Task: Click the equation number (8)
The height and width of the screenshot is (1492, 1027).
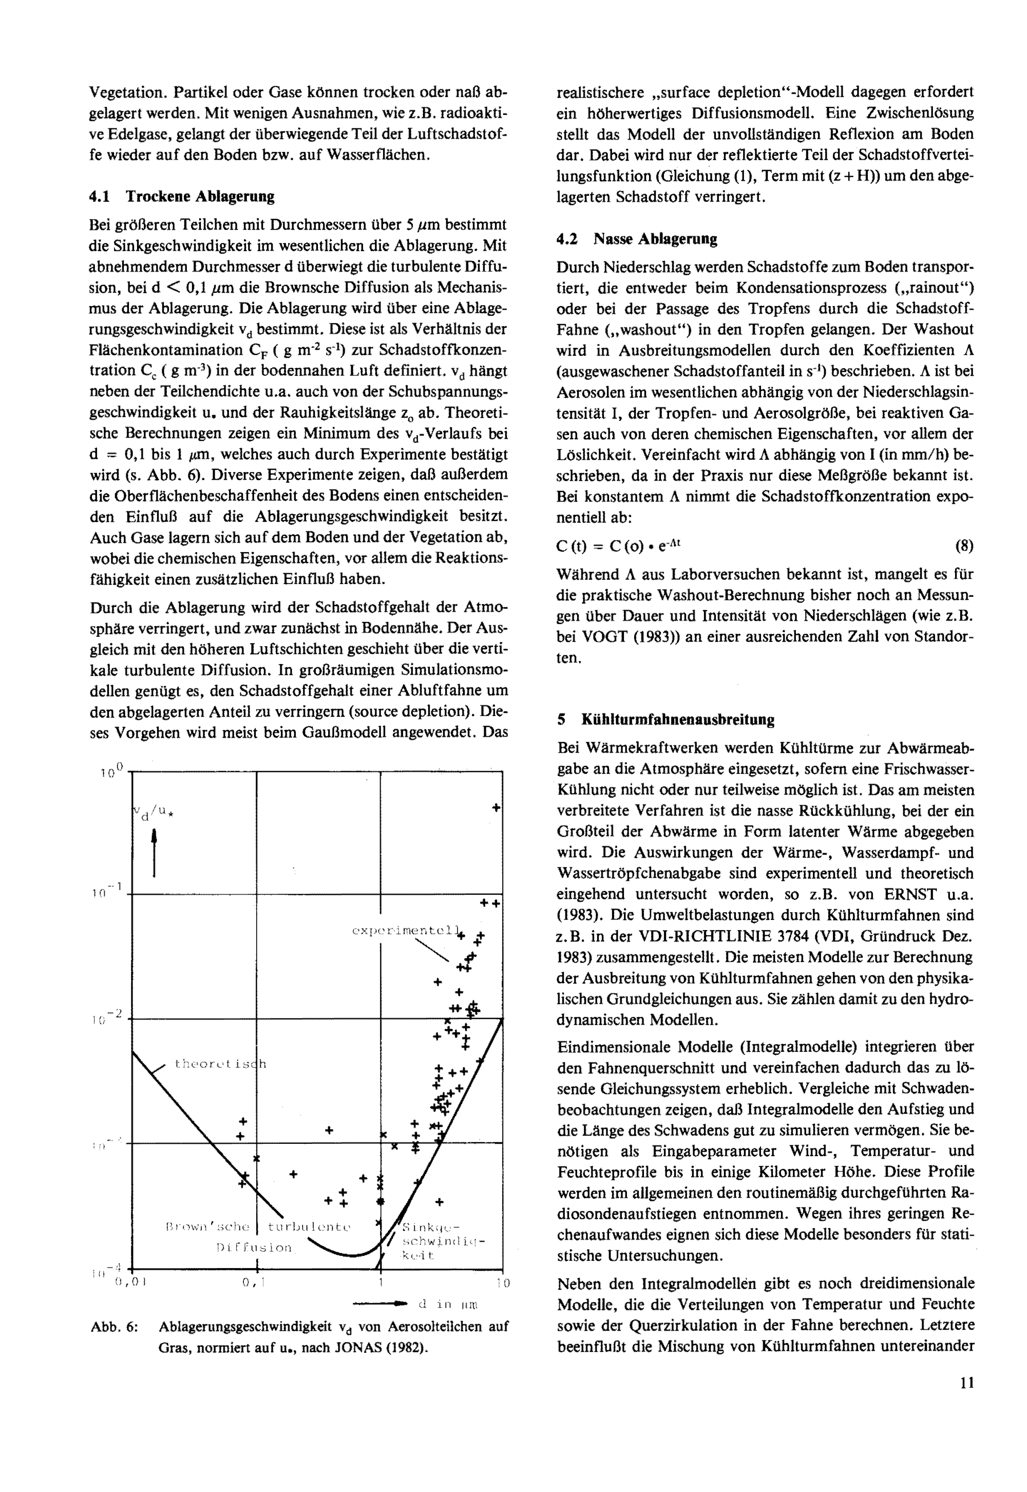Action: point(964,546)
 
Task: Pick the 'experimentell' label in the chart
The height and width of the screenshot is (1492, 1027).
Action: point(407,931)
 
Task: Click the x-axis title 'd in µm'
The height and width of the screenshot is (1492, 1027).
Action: point(448,1304)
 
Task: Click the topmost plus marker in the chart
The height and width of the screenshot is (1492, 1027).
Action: point(496,808)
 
